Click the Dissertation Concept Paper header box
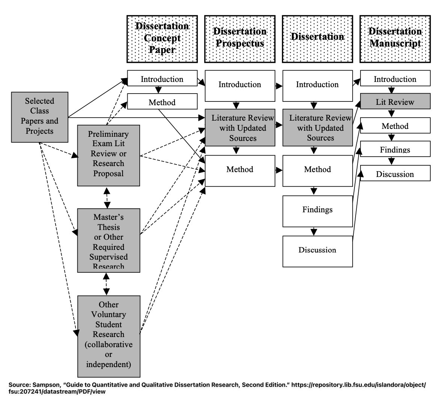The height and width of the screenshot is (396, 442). click(162, 39)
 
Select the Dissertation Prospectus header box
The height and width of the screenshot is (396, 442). click(240, 39)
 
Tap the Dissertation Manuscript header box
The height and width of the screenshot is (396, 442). click(395, 39)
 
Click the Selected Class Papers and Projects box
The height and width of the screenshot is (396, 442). click(39, 116)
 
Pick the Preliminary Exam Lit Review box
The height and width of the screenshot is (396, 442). click(108, 155)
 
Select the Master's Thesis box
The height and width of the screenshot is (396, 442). click(108, 240)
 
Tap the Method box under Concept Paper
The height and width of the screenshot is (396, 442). click(162, 102)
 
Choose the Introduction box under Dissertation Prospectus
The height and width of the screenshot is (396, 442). click(240, 85)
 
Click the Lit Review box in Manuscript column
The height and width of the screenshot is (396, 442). click(395, 102)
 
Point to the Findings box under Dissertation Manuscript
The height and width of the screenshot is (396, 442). click(395, 149)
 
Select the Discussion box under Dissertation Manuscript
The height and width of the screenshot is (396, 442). click(395, 174)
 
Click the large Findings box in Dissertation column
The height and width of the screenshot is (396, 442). click(317, 210)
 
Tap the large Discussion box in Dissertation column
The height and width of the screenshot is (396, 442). click(317, 250)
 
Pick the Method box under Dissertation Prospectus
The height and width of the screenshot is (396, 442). click(240, 170)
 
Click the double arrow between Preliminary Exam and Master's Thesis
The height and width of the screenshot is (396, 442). click(107, 198)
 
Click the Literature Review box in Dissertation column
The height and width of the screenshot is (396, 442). click(317, 128)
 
